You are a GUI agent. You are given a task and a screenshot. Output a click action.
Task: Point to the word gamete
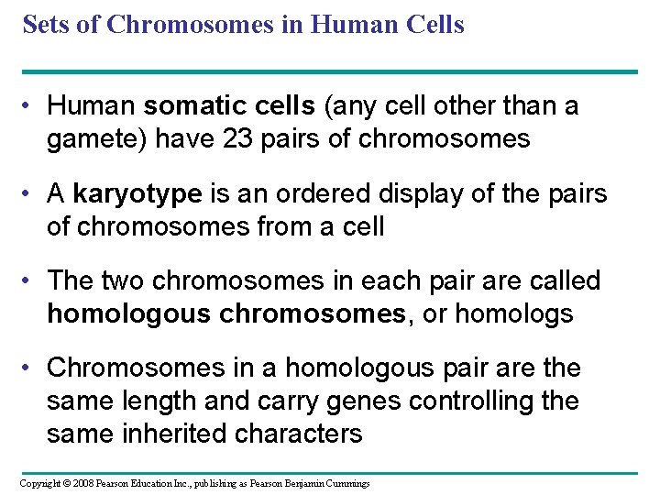pyautogui.click(x=93, y=139)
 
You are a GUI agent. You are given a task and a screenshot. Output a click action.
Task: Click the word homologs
pyautogui.click(x=514, y=314)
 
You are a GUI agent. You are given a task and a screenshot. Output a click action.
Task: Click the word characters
pyautogui.click(x=302, y=434)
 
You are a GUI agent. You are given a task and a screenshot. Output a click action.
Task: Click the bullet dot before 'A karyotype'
pyautogui.click(x=30, y=194)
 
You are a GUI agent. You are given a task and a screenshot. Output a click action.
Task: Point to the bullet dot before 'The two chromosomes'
pyautogui.click(x=30, y=281)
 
